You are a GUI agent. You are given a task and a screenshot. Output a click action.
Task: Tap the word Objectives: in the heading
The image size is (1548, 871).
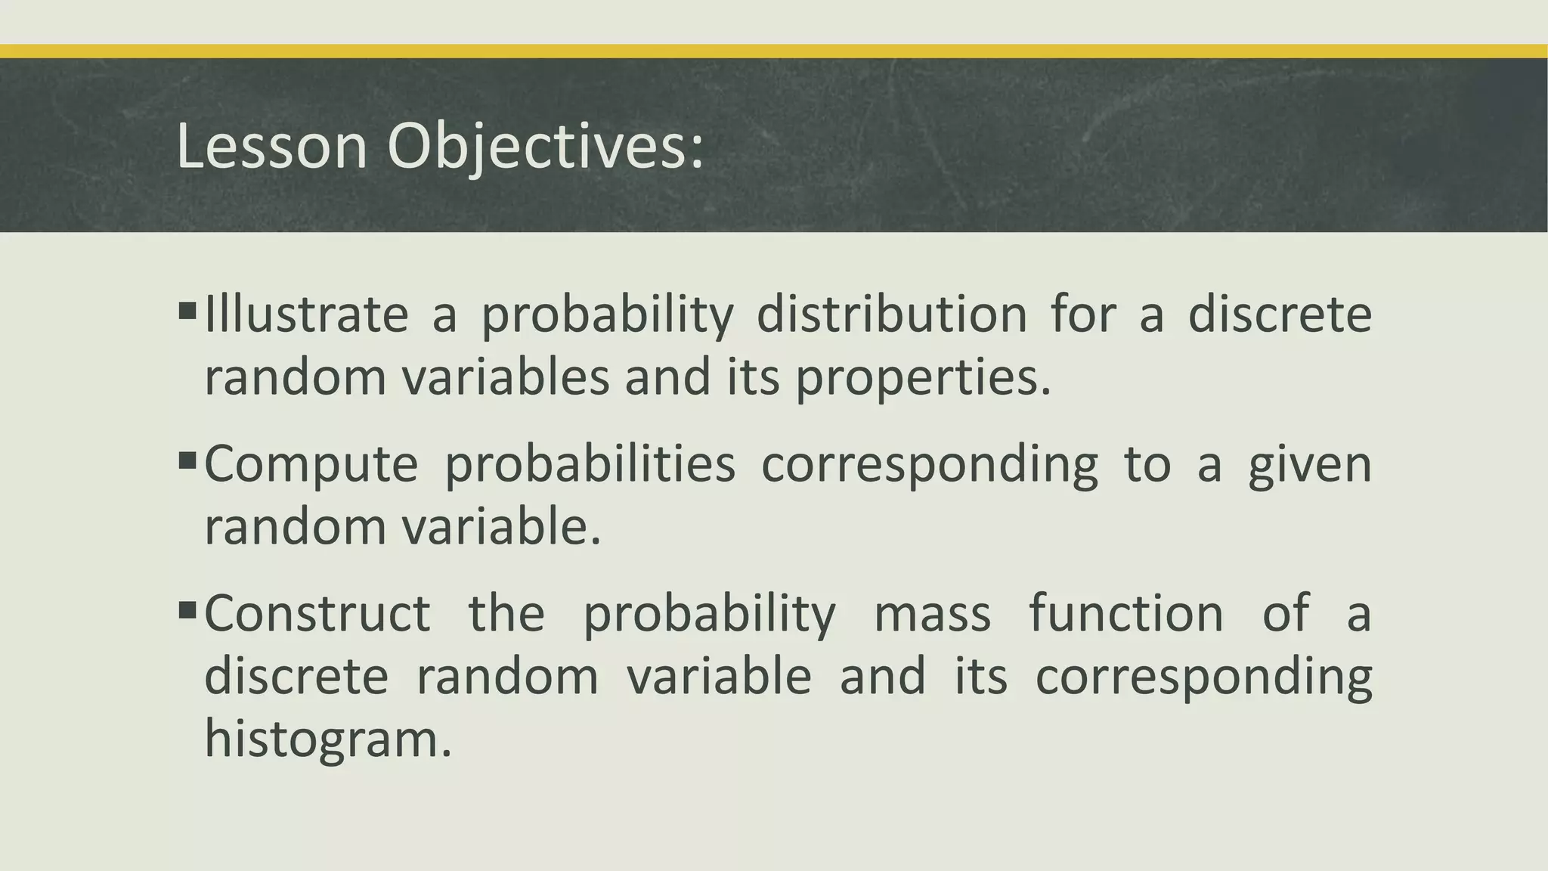(x=545, y=147)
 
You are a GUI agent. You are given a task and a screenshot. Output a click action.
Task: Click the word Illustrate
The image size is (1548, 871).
(x=306, y=314)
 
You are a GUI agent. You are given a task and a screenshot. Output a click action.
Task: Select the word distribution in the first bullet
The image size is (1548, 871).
(x=891, y=314)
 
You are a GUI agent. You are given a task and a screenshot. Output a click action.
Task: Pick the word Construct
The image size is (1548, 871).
(x=317, y=612)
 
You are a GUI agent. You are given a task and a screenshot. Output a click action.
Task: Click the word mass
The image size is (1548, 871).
(x=932, y=612)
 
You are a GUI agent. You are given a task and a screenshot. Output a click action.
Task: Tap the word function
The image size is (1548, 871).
(x=1125, y=612)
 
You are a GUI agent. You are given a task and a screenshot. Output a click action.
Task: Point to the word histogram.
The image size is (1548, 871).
(x=327, y=738)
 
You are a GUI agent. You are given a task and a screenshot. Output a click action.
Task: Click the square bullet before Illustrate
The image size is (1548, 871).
(x=187, y=310)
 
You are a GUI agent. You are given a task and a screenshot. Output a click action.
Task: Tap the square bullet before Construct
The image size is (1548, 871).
(x=187, y=609)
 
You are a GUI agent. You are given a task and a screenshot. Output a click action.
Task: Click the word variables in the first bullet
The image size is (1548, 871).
(x=505, y=377)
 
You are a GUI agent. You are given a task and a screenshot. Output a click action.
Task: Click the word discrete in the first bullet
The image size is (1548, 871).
(x=1280, y=314)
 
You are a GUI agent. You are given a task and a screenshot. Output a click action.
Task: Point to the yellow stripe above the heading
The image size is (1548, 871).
(x=774, y=51)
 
